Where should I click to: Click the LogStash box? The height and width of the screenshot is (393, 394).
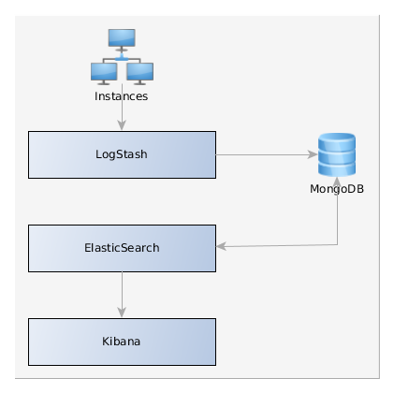point(122,154)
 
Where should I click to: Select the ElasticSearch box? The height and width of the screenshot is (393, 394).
point(122,248)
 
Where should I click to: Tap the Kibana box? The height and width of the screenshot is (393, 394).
point(122,342)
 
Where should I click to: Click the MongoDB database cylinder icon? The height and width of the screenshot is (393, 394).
point(337,154)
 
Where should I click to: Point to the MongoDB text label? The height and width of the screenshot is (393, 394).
point(337,189)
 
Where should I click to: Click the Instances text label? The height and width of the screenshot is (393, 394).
point(122,96)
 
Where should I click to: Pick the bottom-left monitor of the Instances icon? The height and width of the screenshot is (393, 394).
point(104,73)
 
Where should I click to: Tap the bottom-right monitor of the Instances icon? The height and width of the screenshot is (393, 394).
point(139,73)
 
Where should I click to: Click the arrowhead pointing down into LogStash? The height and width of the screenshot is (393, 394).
point(122,125)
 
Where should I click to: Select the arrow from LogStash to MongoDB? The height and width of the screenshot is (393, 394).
point(267,154)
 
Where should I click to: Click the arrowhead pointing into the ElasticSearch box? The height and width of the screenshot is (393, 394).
point(221,246)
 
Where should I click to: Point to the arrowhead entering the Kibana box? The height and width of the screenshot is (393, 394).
point(122,313)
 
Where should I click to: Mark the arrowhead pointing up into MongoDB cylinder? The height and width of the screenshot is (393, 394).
point(337,182)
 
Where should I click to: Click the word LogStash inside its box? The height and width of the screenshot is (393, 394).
point(122,154)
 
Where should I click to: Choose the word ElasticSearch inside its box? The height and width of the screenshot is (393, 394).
point(122,248)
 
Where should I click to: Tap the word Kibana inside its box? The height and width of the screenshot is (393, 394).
point(122,342)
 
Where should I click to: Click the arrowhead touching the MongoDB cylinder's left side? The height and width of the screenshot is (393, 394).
point(313,154)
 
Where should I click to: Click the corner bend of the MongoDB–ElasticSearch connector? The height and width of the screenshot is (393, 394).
point(337,245)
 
